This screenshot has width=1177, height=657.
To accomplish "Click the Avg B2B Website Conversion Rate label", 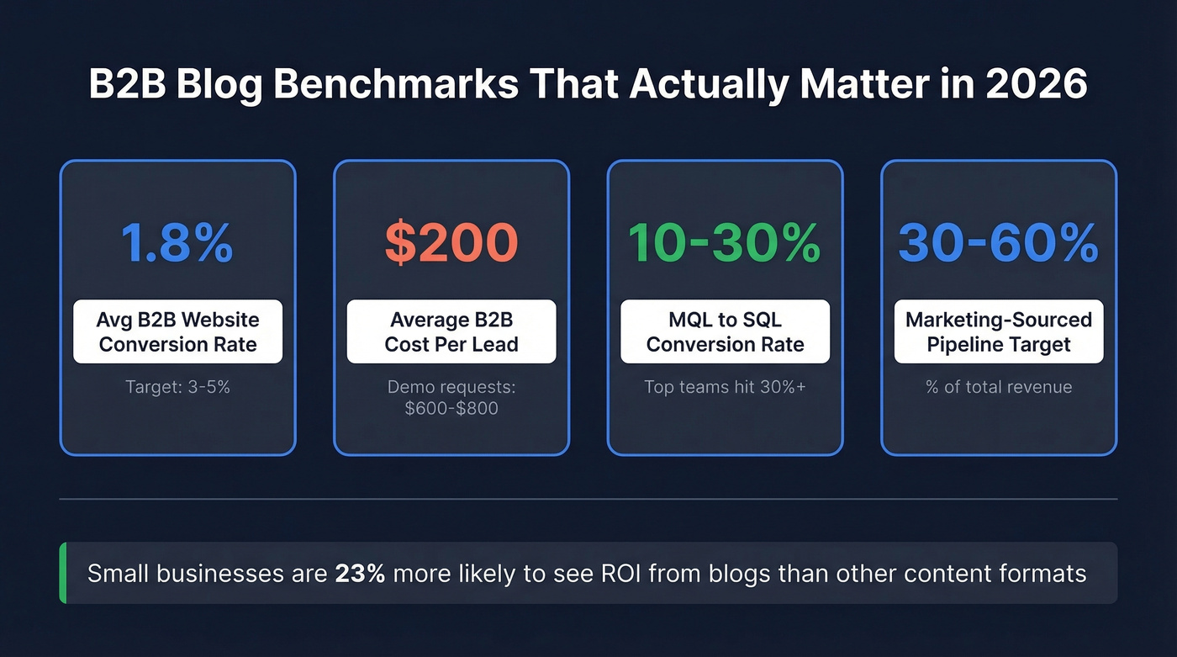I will click(177, 331).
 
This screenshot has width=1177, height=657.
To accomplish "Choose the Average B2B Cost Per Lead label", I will click(451, 331).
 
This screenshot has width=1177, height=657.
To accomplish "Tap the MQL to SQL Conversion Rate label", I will click(725, 331).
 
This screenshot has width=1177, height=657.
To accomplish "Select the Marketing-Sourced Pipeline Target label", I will click(999, 331).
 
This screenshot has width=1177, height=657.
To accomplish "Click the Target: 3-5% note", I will click(177, 387).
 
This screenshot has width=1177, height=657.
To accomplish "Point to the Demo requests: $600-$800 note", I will click(451, 397).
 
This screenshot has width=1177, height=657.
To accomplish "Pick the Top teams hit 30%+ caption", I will click(725, 387).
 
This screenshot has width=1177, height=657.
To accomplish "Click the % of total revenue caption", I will click(999, 387).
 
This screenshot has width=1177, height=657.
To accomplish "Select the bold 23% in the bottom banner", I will click(360, 574).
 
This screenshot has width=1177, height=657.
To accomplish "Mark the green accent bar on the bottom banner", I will click(63, 573).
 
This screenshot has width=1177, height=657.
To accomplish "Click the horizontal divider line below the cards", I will click(588, 500).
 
